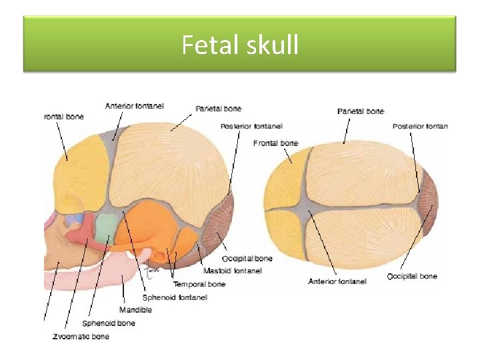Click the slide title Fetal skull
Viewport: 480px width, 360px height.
[240, 45]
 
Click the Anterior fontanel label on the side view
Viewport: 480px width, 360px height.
[134, 105]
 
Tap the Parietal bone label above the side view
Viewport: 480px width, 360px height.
[218, 108]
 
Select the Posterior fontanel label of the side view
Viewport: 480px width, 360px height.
[251, 126]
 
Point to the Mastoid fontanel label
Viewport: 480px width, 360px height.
[233, 271]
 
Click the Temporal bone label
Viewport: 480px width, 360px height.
[199, 284]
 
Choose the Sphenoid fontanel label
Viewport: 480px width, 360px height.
[175, 297]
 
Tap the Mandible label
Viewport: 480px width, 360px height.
[135, 310]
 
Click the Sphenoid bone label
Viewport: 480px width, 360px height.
[109, 323]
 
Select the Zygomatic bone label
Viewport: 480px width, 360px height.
[81, 337]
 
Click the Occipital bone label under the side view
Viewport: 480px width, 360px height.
[247, 259]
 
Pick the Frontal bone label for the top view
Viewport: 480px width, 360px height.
[275, 143]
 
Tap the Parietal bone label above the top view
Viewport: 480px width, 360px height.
[361, 111]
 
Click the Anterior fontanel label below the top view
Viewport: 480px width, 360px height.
[337, 281]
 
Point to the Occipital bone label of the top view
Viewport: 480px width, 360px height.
[412, 276]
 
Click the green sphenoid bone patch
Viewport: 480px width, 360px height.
[103, 229]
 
